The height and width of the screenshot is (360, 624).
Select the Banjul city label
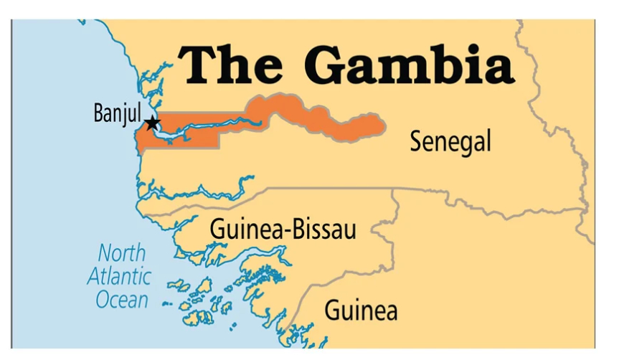click(117, 113)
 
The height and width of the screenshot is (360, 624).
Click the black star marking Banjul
click(152, 123)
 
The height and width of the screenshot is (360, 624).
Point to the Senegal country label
click(450, 141)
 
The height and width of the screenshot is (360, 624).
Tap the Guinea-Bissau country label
click(283, 229)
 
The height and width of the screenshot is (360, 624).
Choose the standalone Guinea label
click(361, 311)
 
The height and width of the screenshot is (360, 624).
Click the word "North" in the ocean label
click(121, 253)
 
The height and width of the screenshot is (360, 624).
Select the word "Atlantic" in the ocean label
click(119, 276)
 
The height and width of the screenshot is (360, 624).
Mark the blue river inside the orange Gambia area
click(215, 127)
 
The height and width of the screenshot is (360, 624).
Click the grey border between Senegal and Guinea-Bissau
click(323, 190)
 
